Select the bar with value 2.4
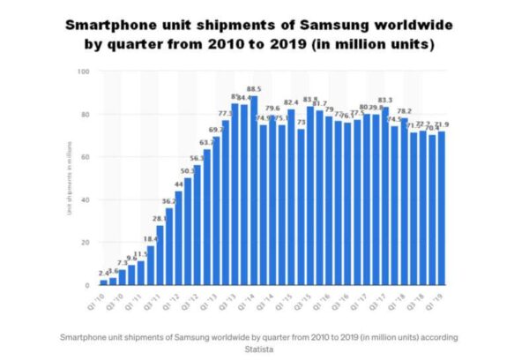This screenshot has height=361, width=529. (103, 282)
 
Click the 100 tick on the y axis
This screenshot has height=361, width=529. (84, 71)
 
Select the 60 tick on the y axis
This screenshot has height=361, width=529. (85, 157)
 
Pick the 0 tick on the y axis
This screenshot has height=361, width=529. (87, 285)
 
